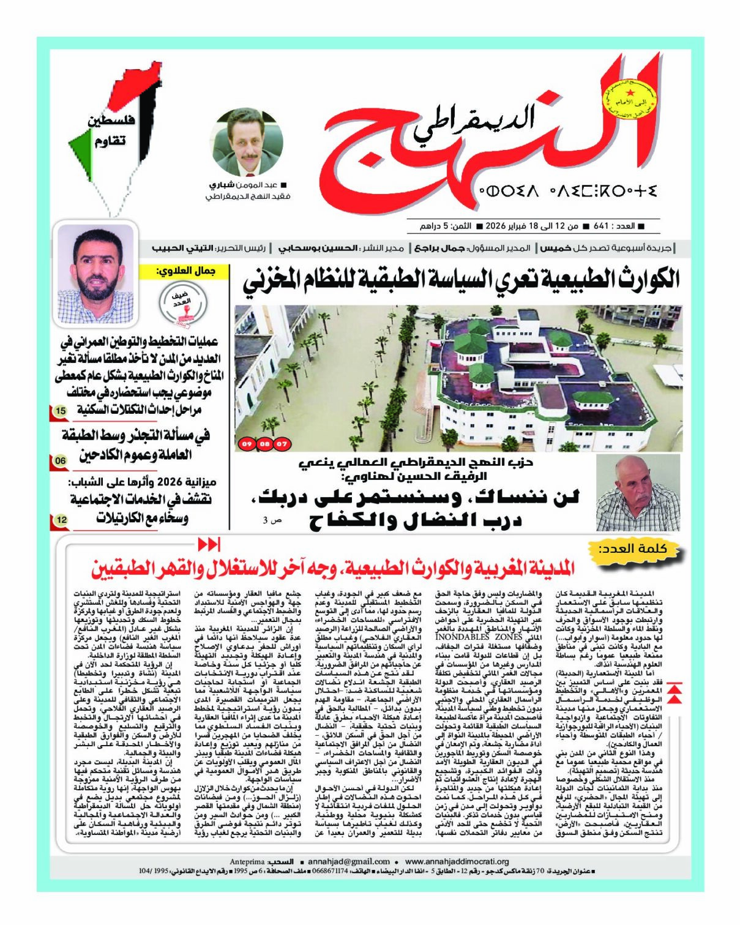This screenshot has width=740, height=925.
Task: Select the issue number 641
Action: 601,226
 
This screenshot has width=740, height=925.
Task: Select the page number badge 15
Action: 60,411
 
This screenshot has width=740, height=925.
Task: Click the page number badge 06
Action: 61,460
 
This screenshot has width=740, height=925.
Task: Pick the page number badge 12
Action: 61,520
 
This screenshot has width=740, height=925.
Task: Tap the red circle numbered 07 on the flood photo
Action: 282,443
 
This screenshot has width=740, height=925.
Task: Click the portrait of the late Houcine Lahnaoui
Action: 638,492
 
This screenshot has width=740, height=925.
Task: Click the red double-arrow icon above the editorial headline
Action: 209,544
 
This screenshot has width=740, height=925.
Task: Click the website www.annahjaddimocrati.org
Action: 457,861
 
